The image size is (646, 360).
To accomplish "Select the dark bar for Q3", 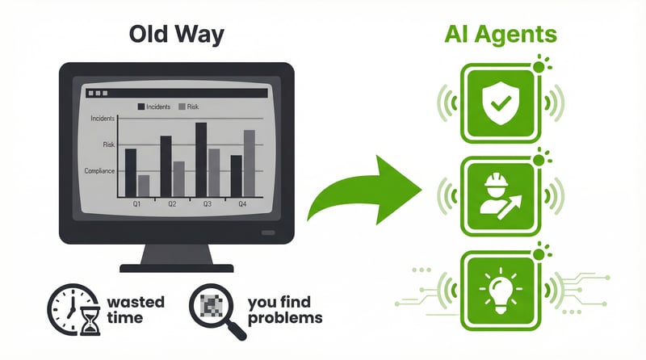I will tap(201, 160).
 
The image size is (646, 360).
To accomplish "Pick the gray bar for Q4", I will tap(249, 165).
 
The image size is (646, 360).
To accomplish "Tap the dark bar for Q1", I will tap(131, 173).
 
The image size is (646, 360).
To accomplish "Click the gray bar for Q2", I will tap(178, 179).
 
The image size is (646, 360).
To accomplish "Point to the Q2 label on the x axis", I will tap(172, 205).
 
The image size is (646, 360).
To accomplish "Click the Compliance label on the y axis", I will tap(99, 170).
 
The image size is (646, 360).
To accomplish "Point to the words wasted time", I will tap(135, 310).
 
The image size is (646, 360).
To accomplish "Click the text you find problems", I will tap(284, 310).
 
